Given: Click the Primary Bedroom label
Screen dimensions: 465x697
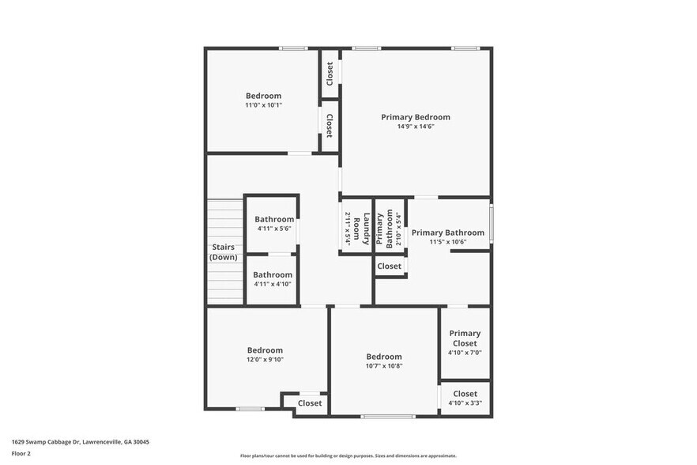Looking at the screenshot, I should point(416,117).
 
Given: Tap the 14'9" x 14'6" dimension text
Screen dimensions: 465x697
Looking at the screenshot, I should point(416,127).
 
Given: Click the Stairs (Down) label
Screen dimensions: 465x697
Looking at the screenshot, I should point(223,251).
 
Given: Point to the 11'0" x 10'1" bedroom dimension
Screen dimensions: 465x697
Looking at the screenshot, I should point(263,104).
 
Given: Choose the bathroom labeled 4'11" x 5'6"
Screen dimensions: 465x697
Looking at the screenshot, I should point(274,224).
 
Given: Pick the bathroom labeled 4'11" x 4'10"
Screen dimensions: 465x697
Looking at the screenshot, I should point(273,279).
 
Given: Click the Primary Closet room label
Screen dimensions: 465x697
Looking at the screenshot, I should point(465,338).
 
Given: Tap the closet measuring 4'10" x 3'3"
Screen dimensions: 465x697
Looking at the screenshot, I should point(465,398).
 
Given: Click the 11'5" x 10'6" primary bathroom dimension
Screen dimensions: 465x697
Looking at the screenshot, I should point(447,242).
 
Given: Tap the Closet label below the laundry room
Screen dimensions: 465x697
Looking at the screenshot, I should point(389,267).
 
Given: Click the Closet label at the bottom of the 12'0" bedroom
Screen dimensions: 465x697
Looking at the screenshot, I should point(310,403).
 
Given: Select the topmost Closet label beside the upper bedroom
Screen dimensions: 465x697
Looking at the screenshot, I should point(330,74).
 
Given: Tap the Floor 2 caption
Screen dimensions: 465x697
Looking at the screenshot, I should point(21,454).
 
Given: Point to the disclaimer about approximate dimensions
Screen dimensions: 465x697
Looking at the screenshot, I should point(348,456).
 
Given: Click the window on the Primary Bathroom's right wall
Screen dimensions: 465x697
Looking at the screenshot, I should point(491,224).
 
